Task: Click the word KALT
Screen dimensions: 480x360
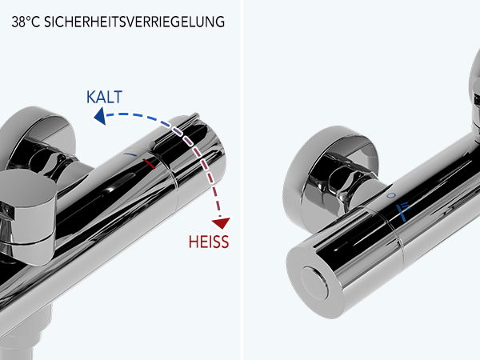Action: click(104, 97)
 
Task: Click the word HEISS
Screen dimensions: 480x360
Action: click(209, 242)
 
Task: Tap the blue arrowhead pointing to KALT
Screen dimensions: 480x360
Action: click(100, 116)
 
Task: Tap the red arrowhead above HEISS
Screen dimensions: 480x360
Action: click(221, 223)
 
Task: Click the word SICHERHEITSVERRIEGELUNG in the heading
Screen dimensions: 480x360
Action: click(134, 22)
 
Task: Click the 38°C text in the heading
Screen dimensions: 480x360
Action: click(26, 22)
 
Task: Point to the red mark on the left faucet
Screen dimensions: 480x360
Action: click(149, 164)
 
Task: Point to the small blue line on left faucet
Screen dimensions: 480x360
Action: click(130, 154)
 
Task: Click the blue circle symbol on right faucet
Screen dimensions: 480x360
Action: click(391, 195)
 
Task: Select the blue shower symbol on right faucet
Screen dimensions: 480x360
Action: click(402, 211)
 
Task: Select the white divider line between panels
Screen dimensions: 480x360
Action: click(242, 180)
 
